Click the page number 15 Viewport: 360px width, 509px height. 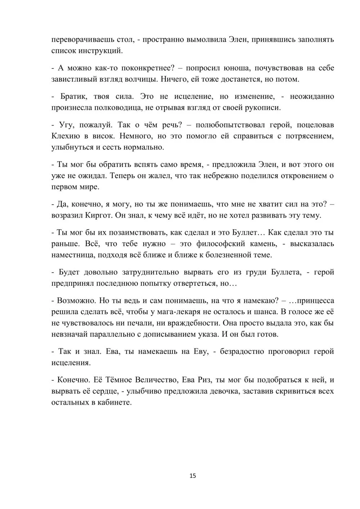(x=193, y=476)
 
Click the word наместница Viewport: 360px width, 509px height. (x=75, y=255)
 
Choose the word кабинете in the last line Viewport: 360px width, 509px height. (x=112, y=402)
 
